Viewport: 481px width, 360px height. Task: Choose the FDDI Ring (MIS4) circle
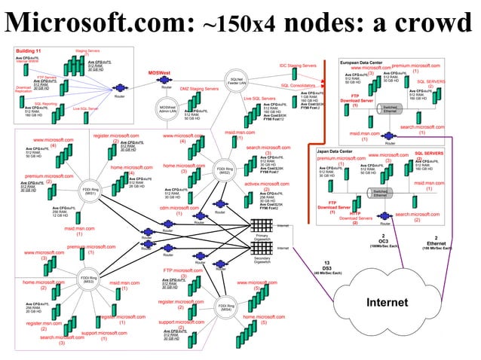(224, 307)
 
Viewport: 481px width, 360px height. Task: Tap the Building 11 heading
(29, 50)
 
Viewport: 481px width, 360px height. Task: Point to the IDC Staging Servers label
(298, 66)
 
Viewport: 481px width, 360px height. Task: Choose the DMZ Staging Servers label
(199, 89)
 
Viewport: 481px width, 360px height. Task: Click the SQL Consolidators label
(297, 85)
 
